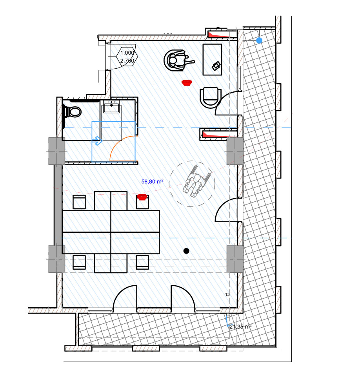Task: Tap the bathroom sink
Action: pos(111,107)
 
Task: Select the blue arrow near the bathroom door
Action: pos(97,141)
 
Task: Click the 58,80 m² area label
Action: pos(152,181)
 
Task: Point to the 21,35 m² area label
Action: pos(240,327)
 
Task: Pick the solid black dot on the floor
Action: pos(186,251)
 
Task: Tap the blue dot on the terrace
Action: pos(259,40)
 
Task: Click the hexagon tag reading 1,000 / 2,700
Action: pos(127,57)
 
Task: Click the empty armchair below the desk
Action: pos(210,97)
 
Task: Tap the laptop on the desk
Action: pos(216,66)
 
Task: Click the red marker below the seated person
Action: pos(187,83)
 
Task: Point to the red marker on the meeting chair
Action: pos(142,197)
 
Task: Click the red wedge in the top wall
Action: pos(222,35)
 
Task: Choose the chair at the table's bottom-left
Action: pos(79,262)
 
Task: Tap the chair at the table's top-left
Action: pos(79,202)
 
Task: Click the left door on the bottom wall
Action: pos(125,297)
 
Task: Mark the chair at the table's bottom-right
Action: pos(142,262)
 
